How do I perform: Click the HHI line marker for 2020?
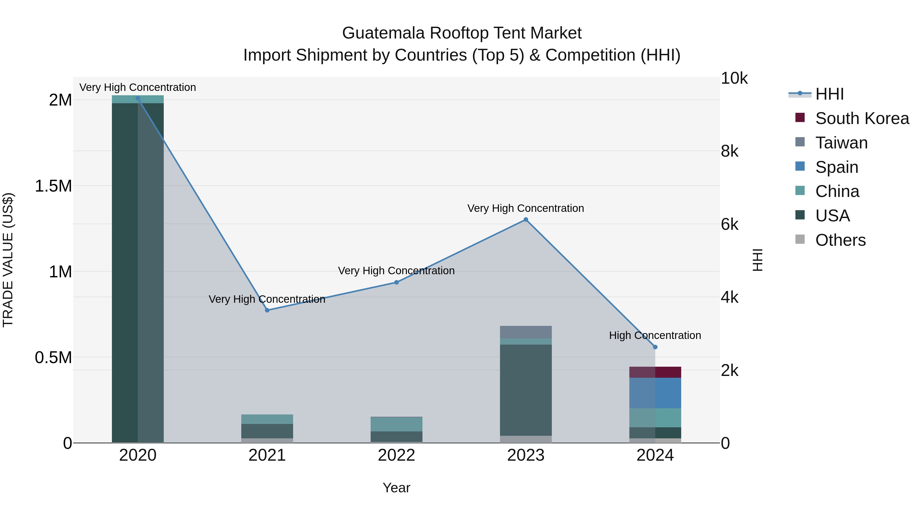(138, 98)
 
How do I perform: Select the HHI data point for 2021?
(267, 310)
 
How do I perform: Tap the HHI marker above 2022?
(396, 282)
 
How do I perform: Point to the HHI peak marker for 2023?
(526, 220)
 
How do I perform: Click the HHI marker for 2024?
(655, 347)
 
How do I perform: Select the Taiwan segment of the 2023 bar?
(526, 332)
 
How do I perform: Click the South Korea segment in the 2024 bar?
(655, 372)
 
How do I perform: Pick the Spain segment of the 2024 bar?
(655, 393)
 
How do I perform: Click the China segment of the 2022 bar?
(396, 424)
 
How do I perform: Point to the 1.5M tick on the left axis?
(53, 186)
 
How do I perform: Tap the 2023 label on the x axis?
(526, 455)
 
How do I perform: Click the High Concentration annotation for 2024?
(655, 336)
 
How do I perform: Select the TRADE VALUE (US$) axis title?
(8, 260)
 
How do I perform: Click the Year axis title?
(396, 488)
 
